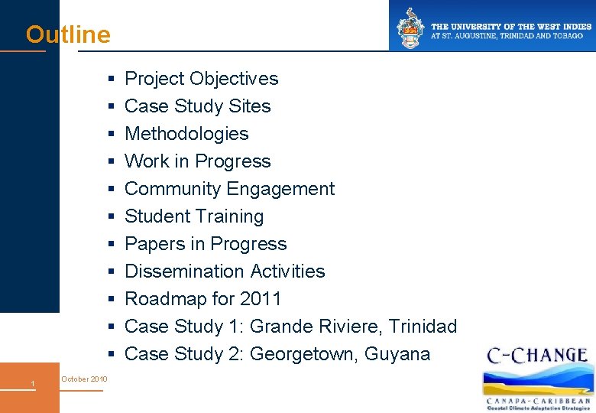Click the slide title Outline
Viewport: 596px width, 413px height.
coord(68,35)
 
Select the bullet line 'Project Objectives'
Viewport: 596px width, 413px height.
coord(201,79)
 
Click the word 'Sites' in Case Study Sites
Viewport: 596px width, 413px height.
coord(250,106)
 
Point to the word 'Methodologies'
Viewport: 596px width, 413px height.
coord(186,134)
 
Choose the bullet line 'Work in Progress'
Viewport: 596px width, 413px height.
coord(197,161)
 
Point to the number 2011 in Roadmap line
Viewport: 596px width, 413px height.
coord(261,299)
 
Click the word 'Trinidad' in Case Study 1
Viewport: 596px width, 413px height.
coord(423,327)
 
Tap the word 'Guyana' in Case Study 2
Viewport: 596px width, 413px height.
coord(397,354)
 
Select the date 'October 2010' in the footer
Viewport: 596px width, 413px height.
coord(84,379)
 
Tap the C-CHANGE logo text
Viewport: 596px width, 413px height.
coord(538,356)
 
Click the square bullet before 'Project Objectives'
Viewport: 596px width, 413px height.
coord(111,80)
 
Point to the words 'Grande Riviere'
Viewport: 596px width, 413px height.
coord(316,327)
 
